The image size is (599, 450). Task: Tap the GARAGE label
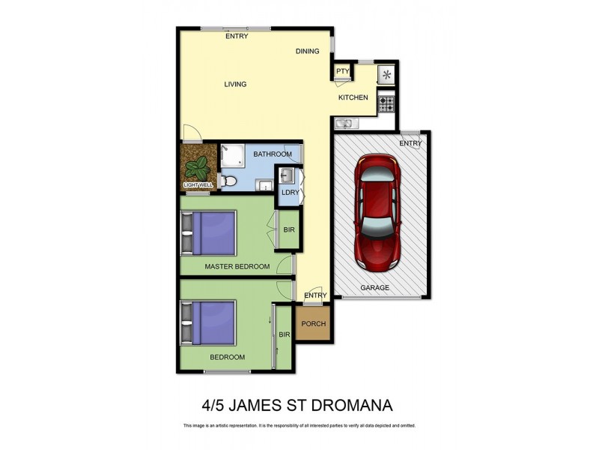pyautogui.click(x=375, y=287)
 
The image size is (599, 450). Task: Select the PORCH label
pyautogui.click(x=314, y=324)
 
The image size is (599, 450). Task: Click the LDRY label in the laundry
pyautogui.click(x=290, y=193)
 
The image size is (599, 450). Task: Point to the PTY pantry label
pyautogui.click(x=343, y=72)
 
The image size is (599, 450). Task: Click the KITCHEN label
pyautogui.click(x=353, y=98)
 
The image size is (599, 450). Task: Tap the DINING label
pyautogui.click(x=307, y=51)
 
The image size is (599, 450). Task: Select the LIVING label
pyautogui.click(x=235, y=84)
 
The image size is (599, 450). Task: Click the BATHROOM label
pyautogui.click(x=271, y=154)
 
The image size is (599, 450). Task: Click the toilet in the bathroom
pyautogui.click(x=228, y=181)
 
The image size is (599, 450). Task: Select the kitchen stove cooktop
pyautogui.click(x=386, y=103)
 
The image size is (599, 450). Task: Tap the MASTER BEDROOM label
pyautogui.click(x=237, y=266)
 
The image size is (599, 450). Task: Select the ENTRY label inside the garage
pyautogui.click(x=410, y=144)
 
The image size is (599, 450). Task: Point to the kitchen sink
pyautogui.click(x=345, y=124)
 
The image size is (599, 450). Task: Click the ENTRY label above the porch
pyautogui.click(x=315, y=295)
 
